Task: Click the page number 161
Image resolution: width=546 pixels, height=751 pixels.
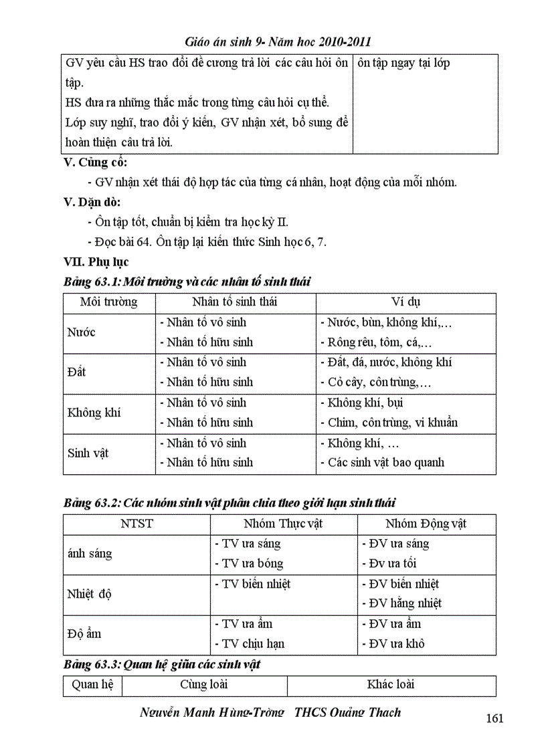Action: (494, 718)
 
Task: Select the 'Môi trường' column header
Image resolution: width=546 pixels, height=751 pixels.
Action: (108, 302)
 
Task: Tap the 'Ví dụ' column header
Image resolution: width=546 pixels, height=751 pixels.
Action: (406, 302)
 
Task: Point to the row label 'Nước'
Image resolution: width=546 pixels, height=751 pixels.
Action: (82, 332)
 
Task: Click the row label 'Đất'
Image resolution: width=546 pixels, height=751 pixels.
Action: (77, 372)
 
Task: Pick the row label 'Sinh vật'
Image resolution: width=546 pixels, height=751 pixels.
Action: (88, 453)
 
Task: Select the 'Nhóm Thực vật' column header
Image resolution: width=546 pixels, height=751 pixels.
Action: (283, 524)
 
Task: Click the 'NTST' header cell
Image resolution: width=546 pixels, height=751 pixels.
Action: (136, 524)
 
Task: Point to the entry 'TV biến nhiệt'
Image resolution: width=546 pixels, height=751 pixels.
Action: (252, 584)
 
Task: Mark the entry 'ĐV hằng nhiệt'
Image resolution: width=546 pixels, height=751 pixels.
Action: (401, 603)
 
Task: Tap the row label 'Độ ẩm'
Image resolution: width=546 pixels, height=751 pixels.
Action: (84, 633)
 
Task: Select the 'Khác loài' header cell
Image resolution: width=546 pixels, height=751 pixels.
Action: (391, 685)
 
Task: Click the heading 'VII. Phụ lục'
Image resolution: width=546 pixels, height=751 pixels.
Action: (96, 261)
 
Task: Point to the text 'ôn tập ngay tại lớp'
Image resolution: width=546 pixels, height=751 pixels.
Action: (403, 64)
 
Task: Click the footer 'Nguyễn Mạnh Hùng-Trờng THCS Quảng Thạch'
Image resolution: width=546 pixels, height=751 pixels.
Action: (270, 712)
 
